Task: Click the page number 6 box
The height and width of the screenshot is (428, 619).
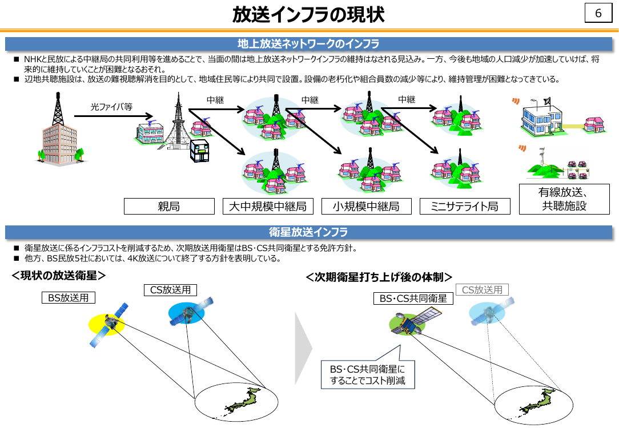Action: point(598,13)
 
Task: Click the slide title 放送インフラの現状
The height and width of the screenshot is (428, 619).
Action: point(308,15)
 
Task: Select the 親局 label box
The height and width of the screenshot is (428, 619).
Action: point(169,207)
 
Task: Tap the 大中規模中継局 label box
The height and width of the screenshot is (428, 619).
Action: point(268,207)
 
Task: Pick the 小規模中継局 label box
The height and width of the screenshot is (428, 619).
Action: point(367,207)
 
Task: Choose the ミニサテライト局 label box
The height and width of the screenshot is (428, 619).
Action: point(465,207)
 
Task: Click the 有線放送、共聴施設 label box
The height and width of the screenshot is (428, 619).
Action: point(564,199)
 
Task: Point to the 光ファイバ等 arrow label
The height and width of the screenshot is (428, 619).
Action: point(112,107)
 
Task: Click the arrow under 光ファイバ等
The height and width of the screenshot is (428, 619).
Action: point(113,116)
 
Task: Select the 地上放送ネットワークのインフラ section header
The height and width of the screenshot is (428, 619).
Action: point(308,44)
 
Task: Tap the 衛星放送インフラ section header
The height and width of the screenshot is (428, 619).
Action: point(308,232)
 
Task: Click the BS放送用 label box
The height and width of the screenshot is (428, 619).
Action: point(69,297)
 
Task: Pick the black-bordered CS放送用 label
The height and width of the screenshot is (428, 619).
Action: point(171,290)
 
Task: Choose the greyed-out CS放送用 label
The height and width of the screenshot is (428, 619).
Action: point(482,290)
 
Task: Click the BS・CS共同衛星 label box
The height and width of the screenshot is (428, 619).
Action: point(413,298)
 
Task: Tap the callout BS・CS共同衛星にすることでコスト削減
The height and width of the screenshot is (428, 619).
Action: point(368,375)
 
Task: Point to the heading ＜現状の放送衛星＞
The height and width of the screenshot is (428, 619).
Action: point(59,275)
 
